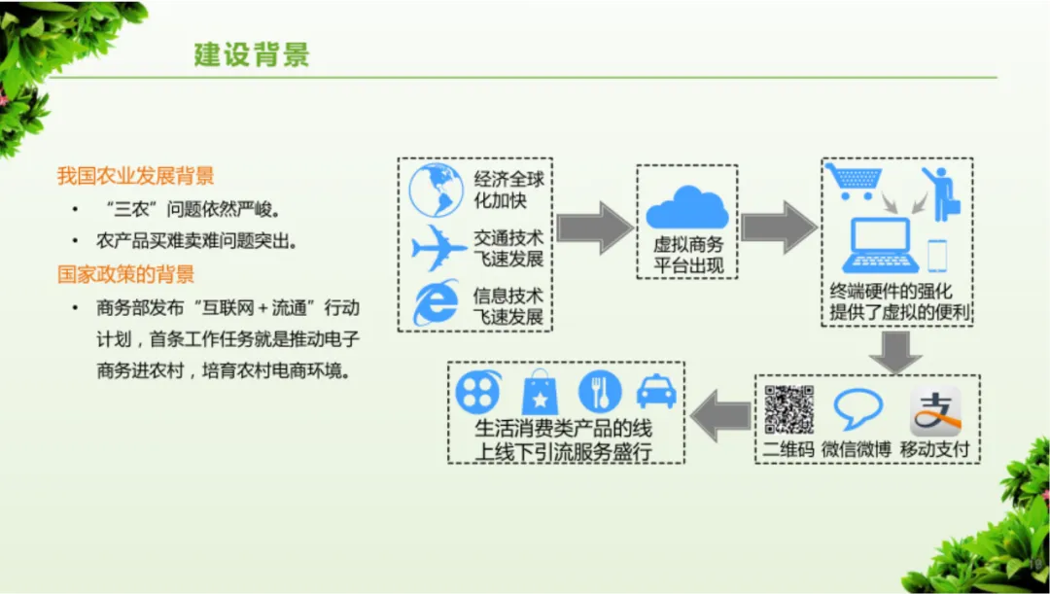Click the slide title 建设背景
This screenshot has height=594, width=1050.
pos(251,54)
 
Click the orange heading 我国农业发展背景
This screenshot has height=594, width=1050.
pos(135,176)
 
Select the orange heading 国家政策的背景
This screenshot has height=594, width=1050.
pos(125,273)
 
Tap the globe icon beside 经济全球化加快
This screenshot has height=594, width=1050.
pos(437,190)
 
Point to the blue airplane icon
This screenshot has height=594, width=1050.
pos(438,249)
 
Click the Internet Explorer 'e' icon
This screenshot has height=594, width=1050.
pos(436,303)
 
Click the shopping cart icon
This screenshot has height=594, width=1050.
pos(853,182)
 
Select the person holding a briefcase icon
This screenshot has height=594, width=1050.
pos(939,192)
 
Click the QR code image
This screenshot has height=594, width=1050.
pos(788,409)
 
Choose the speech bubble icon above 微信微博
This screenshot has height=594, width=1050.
pos(857,409)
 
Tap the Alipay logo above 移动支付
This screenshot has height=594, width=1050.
pos(935,410)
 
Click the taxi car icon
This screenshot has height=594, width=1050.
pos(656,391)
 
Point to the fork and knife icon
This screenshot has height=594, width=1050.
pos(599,391)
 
